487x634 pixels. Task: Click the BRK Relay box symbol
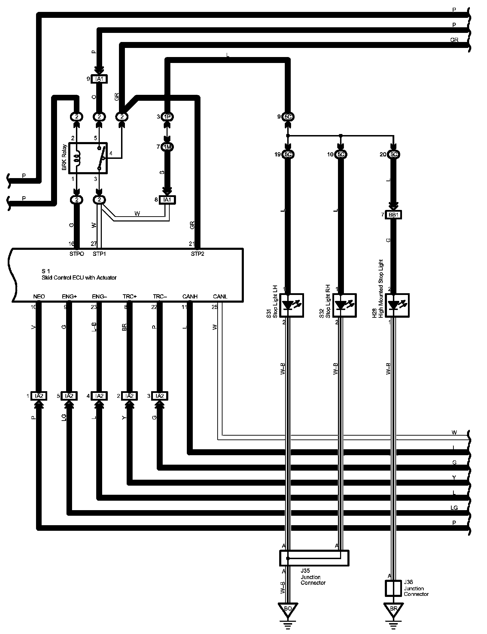tap(88, 158)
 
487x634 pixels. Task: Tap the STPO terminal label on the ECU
tap(77, 254)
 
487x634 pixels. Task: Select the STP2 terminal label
tap(197, 254)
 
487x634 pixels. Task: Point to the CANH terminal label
tap(190, 297)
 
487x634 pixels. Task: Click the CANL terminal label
tap(220, 297)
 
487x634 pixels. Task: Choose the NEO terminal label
tap(39, 297)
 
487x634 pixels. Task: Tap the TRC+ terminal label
tap(129, 297)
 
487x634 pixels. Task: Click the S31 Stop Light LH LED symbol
tap(292, 305)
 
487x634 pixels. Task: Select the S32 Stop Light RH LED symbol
tap(345, 305)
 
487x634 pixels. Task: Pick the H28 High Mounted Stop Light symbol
tap(397, 305)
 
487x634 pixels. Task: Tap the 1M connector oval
tap(168, 147)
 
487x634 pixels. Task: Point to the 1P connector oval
tap(168, 117)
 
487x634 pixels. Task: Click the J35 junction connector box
tap(314, 558)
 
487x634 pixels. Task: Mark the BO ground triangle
tap(288, 609)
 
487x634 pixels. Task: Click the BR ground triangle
tap(393, 609)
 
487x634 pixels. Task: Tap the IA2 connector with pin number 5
tap(69, 396)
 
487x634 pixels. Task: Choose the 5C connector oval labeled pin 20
tap(394, 154)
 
